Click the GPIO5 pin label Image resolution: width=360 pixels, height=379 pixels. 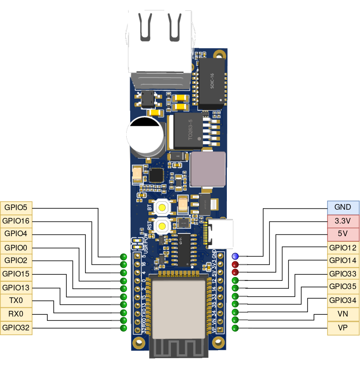pyautogui.click(x=16, y=208)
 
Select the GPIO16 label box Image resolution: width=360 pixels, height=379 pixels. pyautogui.click(x=16, y=221)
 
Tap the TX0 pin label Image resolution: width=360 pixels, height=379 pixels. pyautogui.click(x=16, y=300)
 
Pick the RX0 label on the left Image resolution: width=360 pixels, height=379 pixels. pyautogui.click(x=16, y=314)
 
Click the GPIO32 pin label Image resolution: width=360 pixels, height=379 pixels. pyautogui.click(x=16, y=328)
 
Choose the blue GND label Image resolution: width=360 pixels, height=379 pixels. pyautogui.click(x=343, y=208)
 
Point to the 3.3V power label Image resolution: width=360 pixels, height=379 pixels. pyautogui.click(x=343, y=221)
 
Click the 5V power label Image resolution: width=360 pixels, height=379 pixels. pyautogui.click(x=343, y=234)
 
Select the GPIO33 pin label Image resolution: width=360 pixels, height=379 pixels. pyautogui.click(x=343, y=274)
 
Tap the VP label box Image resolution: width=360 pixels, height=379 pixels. pyautogui.click(x=343, y=328)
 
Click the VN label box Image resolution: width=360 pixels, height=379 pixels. pyautogui.click(x=343, y=314)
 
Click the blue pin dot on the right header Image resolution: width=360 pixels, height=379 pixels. pyautogui.click(x=235, y=257)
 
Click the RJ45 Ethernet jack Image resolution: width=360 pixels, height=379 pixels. pyautogui.click(x=160, y=43)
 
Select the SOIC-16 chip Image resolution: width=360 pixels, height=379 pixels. pyautogui.click(x=212, y=82)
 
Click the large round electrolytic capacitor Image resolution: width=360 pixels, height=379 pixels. pyautogui.click(x=145, y=135)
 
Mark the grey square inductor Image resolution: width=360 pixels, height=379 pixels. pyautogui.click(x=208, y=168)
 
